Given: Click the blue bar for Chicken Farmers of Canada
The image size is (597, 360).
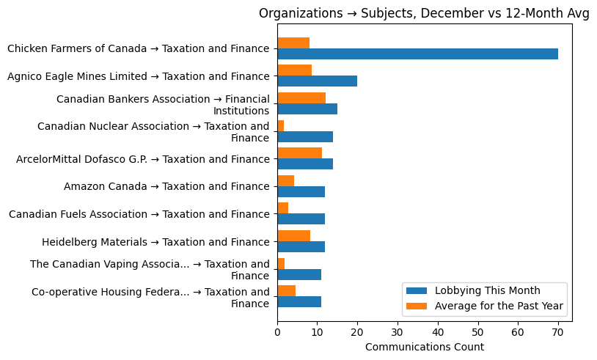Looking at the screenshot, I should pyautogui.click(x=417, y=54).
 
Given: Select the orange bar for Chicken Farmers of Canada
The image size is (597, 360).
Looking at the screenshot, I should pyautogui.click(x=293, y=43).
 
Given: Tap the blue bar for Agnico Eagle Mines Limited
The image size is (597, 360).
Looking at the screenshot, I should pyautogui.click(x=317, y=81).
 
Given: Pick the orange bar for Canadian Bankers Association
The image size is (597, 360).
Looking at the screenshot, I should pyautogui.click(x=301, y=98).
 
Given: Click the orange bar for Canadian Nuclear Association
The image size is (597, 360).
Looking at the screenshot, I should pyautogui.click(x=281, y=125).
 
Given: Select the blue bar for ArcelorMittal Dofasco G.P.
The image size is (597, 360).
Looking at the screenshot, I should pyautogui.click(x=305, y=164).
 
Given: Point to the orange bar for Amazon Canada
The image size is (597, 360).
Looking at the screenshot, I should pyautogui.click(x=286, y=180).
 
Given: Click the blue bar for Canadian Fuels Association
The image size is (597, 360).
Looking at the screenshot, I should pyautogui.click(x=301, y=219).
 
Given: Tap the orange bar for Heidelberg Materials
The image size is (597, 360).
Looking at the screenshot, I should pyautogui.click(x=293, y=235).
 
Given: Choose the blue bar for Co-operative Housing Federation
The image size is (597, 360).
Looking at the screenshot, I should pyautogui.click(x=299, y=301).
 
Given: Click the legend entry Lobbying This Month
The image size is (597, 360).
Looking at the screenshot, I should pyautogui.click(x=484, y=290).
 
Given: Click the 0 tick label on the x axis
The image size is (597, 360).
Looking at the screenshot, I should pyautogui.click(x=277, y=332).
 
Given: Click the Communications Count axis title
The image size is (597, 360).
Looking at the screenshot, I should pyautogui.click(x=424, y=347).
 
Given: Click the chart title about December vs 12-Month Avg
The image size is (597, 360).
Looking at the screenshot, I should pyautogui.click(x=424, y=14).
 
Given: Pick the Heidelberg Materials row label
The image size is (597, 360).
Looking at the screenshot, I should pyautogui.click(x=155, y=242).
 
